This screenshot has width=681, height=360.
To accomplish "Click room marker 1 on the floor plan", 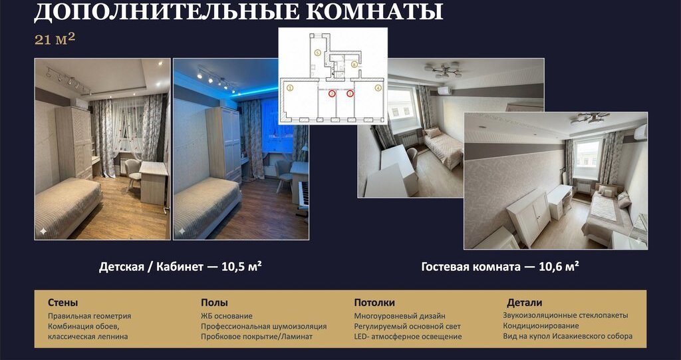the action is pos(290,87).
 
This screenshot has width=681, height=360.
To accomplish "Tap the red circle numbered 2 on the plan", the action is pos(332,93).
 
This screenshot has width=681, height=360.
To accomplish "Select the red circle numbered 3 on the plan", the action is pos(350,93).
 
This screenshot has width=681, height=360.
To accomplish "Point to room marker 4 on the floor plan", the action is pos(378,87).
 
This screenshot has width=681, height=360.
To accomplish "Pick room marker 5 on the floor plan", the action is pos(317,53).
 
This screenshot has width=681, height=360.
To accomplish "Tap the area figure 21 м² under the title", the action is pos(55,39).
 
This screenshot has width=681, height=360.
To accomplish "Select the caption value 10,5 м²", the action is pos(241,266).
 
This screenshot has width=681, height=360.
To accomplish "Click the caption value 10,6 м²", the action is pos(559,266).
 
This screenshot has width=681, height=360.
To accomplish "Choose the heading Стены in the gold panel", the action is pos(63,303).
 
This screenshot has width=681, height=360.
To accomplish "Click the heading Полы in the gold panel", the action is pos(214,303).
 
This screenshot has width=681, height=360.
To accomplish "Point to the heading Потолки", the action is pos(374,303).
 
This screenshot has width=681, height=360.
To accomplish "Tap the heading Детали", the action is pos(524,303).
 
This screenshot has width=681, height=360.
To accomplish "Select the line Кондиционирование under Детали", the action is pos(541,325).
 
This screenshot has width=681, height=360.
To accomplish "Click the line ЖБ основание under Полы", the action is pos(226,316).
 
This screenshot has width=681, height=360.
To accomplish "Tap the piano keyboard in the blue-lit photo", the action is pos(303,196).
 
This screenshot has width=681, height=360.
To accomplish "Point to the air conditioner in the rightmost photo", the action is pos(640,132).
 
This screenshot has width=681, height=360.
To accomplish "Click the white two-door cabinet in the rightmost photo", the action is pos(529,216).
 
